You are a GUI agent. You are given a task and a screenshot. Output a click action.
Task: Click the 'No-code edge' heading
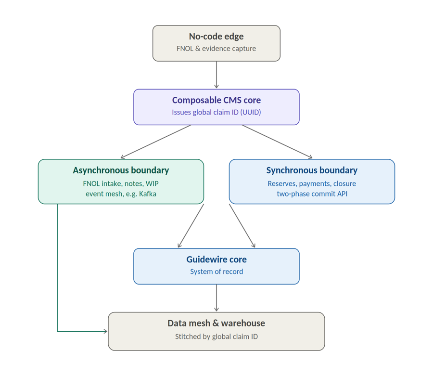(x=216, y=36)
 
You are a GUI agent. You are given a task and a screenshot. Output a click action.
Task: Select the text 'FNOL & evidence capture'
(x=216, y=48)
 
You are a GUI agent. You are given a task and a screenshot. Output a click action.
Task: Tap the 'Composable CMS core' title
(x=216, y=100)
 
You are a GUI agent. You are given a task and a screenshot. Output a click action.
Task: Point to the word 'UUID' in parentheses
(x=251, y=112)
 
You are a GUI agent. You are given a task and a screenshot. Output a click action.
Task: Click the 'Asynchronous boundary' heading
(x=121, y=170)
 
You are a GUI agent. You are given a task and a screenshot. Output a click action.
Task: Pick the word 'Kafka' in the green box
(x=148, y=194)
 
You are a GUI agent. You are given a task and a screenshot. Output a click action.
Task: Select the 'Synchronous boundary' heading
(x=312, y=170)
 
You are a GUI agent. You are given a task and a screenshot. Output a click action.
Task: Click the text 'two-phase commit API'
(x=312, y=194)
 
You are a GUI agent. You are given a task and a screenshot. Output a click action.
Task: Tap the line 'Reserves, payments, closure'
(x=312, y=183)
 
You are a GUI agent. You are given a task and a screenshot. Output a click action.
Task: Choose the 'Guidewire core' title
(x=216, y=259)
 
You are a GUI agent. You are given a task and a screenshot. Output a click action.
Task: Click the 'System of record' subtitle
(x=216, y=272)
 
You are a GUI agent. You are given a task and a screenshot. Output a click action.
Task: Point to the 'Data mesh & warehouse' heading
(x=216, y=323)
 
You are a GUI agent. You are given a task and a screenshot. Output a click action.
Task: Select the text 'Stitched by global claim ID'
(x=216, y=337)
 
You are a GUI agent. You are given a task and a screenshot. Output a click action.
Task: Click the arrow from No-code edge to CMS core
(x=216, y=75)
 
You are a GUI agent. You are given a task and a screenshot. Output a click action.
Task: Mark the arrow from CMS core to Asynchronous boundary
(x=156, y=142)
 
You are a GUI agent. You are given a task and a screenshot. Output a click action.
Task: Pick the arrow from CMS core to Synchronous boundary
(x=277, y=142)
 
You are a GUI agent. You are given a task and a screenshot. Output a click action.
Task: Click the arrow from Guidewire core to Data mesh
(x=216, y=298)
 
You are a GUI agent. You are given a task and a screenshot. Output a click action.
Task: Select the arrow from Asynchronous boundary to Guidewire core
(x=191, y=226)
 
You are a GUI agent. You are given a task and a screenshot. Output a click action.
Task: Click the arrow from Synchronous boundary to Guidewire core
(x=242, y=226)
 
